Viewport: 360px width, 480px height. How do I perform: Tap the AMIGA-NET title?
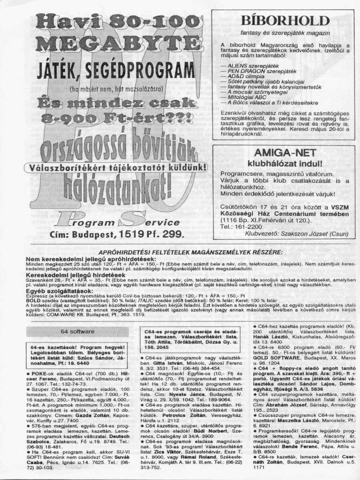click(285, 152)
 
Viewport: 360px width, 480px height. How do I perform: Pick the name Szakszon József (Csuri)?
click(319, 234)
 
